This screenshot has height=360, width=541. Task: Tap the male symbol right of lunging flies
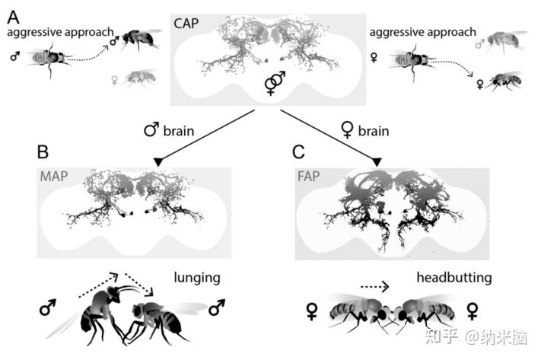218,307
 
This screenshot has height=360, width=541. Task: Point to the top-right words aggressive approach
422,32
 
